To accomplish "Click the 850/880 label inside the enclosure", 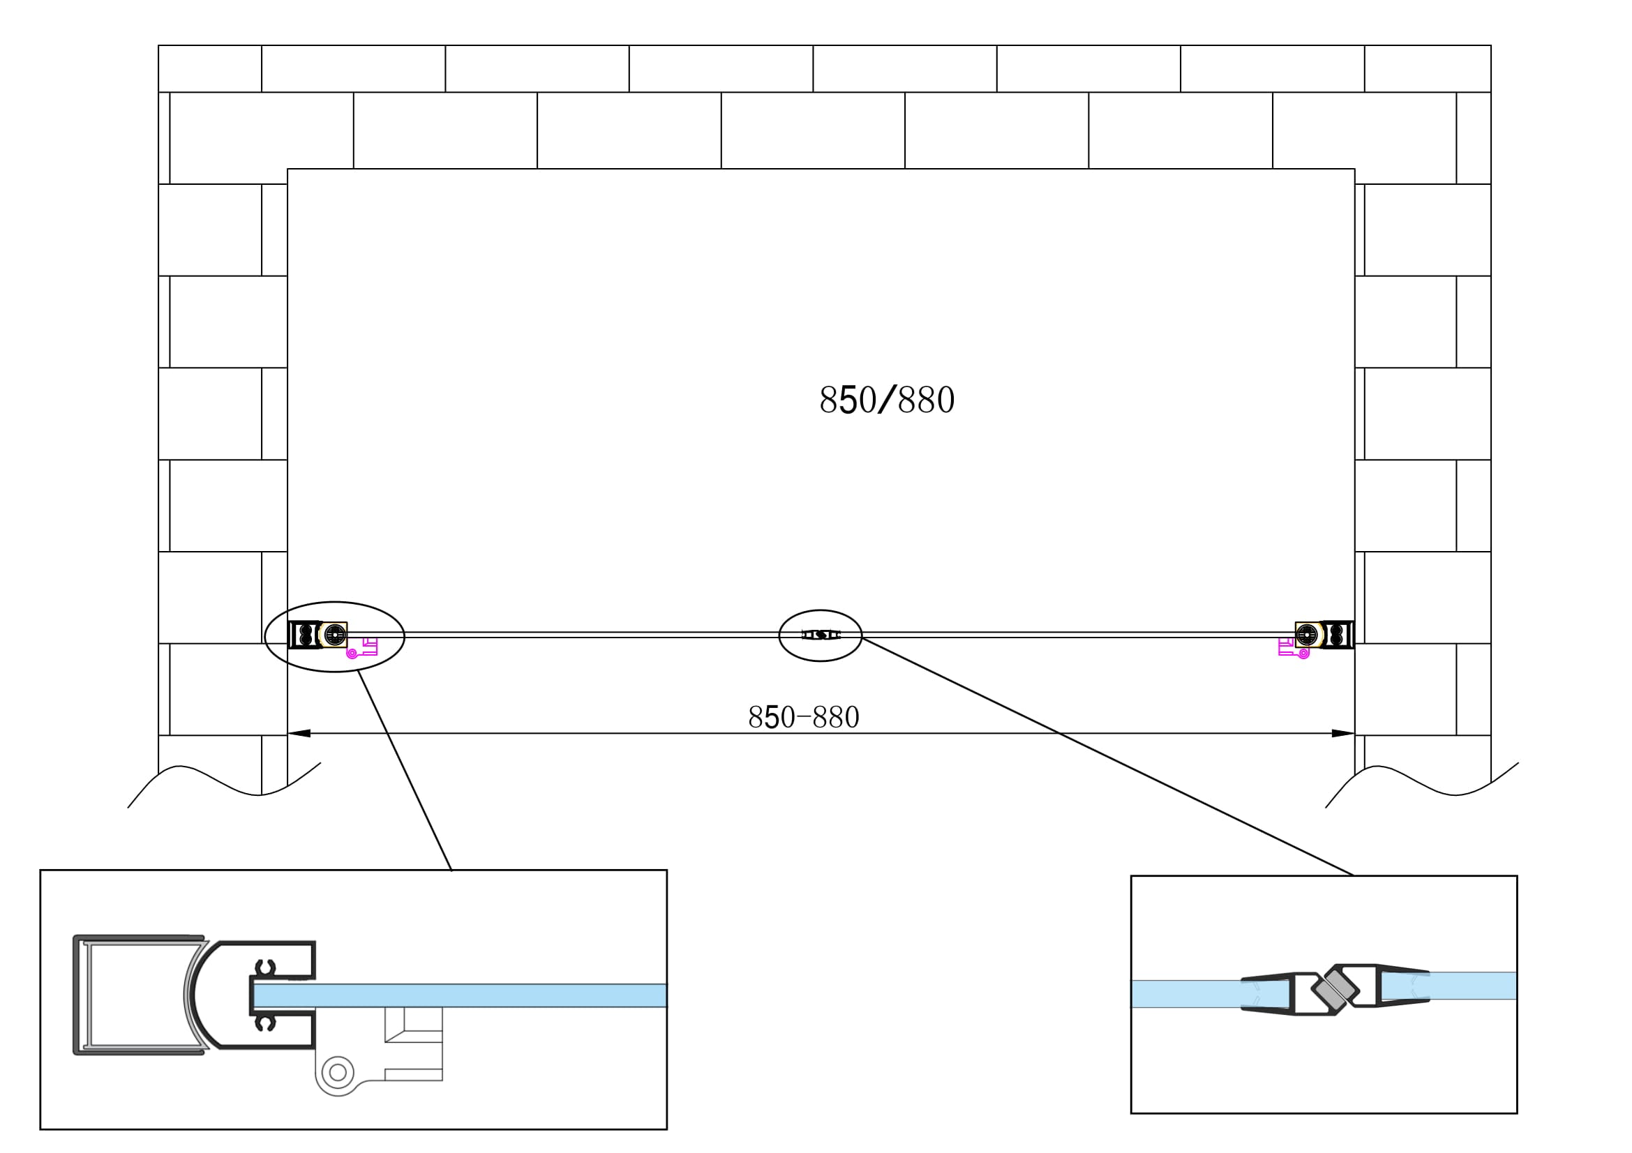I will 886,400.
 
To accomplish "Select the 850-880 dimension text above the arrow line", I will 803,718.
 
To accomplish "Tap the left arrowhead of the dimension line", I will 299,733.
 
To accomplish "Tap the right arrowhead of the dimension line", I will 1342,733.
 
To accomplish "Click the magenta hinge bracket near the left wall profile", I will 364,649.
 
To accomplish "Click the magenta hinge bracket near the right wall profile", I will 1292,649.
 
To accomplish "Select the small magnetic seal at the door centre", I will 821,635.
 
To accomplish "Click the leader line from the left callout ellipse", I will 405,771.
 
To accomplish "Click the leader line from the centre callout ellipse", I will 1109,758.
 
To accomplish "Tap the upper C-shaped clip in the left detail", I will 266,967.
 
